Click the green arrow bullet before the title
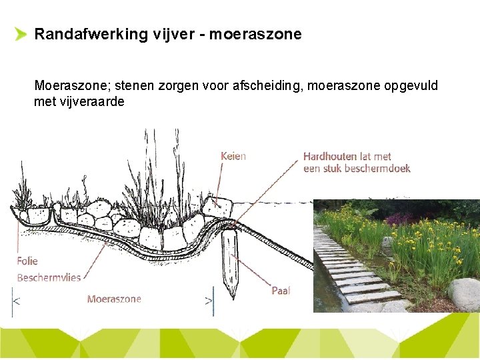coord(20,35)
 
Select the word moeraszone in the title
coord(255,34)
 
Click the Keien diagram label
coord(233,156)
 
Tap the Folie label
coord(27,261)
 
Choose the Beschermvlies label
coord(49,277)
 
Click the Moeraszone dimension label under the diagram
coord(114,299)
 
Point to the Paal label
coord(281,291)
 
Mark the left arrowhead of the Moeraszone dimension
coord(17,301)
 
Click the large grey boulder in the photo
coord(465,294)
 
